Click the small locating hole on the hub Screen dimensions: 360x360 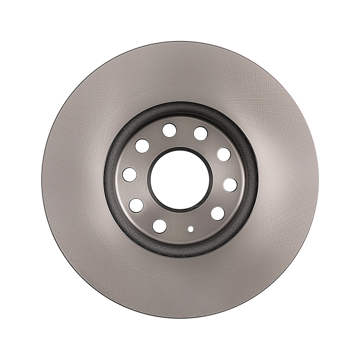click(191, 229)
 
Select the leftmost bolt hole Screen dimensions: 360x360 click(130, 175)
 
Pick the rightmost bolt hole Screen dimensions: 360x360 click(230, 185)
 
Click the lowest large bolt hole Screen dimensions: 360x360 click(159, 226)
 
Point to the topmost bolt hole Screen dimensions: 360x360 click(169, 130)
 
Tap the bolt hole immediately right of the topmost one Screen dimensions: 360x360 click(201, 133)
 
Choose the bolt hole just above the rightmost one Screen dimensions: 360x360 click(224, 154)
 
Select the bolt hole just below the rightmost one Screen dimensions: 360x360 click(218, 213)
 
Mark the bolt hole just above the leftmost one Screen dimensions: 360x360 click(142, 146)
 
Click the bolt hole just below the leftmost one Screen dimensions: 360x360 click(136, 205)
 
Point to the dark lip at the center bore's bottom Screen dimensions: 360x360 click(180, 211)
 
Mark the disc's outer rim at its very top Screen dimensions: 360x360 click(180, 42)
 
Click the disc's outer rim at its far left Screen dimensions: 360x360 click(42, 180)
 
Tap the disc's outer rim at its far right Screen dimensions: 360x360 click(318, 180)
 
